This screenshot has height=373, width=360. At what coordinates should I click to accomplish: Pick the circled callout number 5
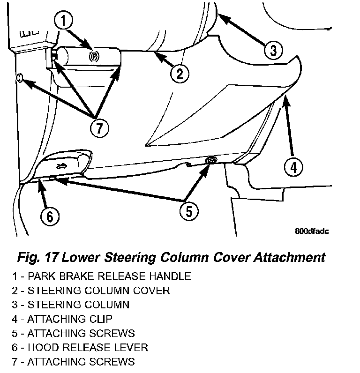pyautogui.click(x=188, y=211)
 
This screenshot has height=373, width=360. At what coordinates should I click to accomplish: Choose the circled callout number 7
pyautogui.click(x=98, y=127)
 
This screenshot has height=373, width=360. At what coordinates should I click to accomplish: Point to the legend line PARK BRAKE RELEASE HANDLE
pyautogui.click(x=102, y=276)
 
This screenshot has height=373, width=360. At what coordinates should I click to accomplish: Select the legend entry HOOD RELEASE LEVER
pyautogui.click(x=81, y=347)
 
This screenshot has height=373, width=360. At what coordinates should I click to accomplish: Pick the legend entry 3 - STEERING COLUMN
pyautogui.click(x=72, y=305)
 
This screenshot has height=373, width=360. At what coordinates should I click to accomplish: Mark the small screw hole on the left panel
pyautogui.click(x=19, y=78)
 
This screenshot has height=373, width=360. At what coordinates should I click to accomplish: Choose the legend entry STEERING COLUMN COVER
pyautogui.click(x=92, y=291)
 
